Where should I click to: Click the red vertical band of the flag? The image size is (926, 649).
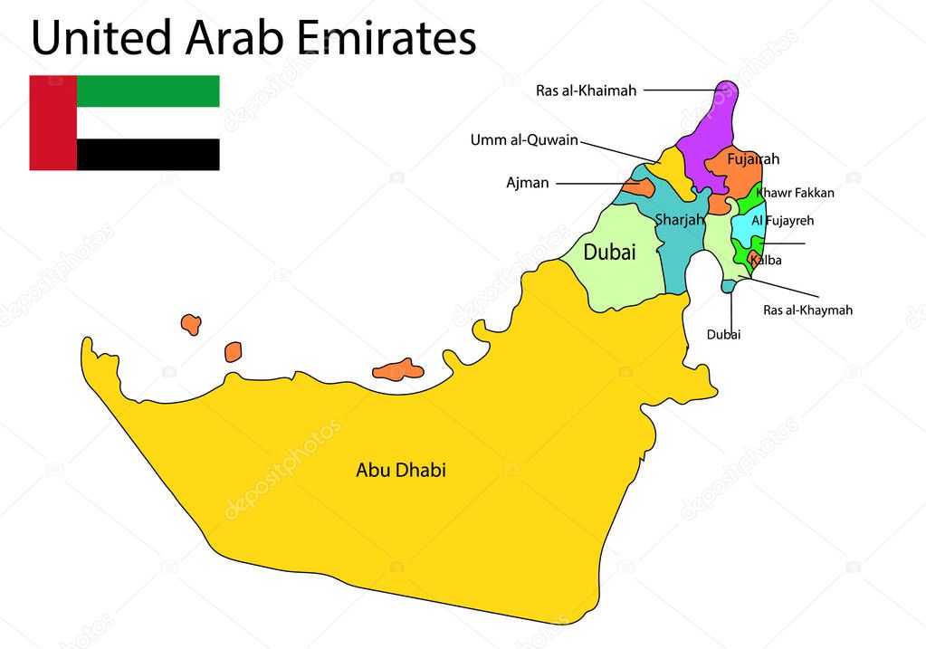[53, 123]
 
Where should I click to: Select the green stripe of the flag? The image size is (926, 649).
[148, 91]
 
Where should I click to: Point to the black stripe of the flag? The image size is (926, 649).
[148, 155]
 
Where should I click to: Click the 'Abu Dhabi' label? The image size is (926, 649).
[400, 471]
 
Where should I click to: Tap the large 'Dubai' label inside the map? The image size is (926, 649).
[609, 253]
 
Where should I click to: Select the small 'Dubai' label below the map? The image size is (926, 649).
[723, 335]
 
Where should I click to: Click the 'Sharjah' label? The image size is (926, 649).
[679, 220]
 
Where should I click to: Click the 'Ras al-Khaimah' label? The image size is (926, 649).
[586, 91]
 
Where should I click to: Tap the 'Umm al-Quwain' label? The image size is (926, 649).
[523, 140]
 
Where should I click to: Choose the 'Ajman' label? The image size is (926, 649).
[527, 183]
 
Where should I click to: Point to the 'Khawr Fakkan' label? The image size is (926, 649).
[795, 193]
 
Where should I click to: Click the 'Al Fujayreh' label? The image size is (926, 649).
[783, 220]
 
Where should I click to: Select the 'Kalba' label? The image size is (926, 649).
[766, 261]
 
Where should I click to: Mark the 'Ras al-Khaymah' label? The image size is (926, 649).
[807, 310]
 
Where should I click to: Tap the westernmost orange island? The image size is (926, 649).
[190, 324]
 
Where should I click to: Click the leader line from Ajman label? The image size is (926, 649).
[597, 183]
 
